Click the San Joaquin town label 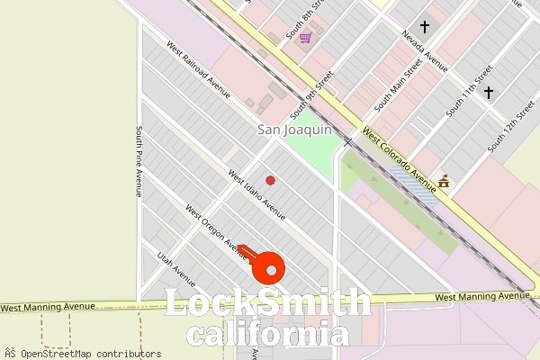tap(295, 130)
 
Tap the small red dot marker tap(270, 180)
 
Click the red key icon tap(263, 263)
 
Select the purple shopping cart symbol tap(305, 38)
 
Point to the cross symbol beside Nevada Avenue tap(425, 28)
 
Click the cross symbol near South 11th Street tap(489, 92)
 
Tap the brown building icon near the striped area tap(443, 183)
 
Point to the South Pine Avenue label tap(139, 160)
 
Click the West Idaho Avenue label tap(256, 195)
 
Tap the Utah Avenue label tap(177, 265)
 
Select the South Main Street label tap(399, 84)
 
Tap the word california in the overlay tap(269, 335)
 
